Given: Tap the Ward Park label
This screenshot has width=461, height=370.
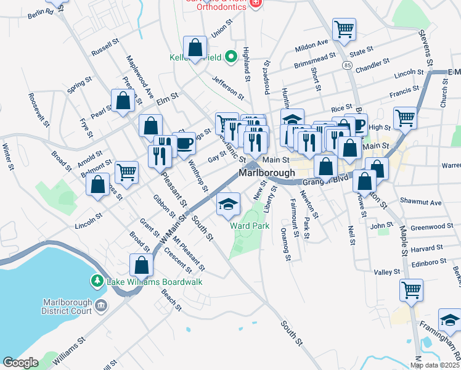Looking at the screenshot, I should tap(250, 226).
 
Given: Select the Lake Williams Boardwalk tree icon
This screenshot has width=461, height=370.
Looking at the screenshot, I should tap(97, 282).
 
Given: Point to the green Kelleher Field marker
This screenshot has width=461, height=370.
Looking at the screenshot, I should tap(231, 58).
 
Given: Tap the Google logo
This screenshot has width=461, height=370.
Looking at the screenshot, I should tap(20, 363).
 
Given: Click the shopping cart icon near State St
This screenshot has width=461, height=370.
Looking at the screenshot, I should tap(344, 28).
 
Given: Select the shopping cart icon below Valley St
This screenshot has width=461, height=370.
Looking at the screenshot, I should tap(411, 289).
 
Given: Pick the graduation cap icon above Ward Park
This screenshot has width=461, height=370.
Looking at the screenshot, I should tap(228, 204).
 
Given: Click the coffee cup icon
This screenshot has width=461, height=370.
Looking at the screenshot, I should tap(184, 144).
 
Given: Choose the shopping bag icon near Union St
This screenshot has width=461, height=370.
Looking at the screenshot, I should tap(195, 47).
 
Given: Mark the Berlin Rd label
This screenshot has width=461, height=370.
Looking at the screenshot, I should tap(41, 12).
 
